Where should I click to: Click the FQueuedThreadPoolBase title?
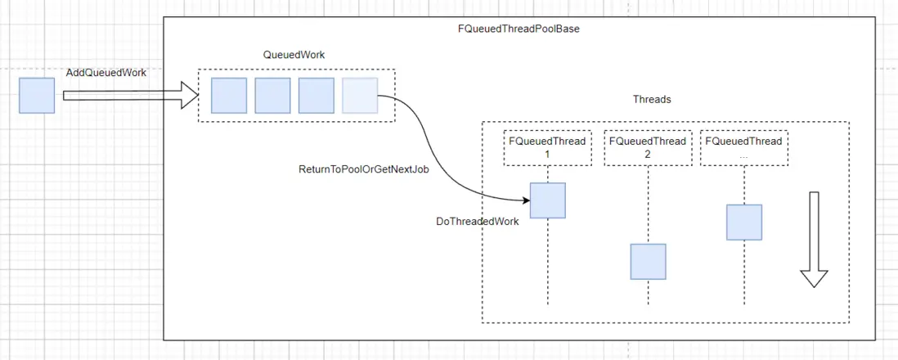(x=519, y=28)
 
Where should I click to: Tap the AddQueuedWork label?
(x=106, y=73)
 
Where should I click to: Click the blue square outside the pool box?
(x=37, y=96)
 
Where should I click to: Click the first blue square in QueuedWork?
(x=229, y=96)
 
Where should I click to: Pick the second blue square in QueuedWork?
(x=272, y=96)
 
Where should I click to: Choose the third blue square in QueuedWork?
(x=316, y=96)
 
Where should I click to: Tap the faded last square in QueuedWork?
(x=360, y=96)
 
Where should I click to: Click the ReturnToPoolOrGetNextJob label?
(x=364, y=169)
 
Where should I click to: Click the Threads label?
(x=652, y=99)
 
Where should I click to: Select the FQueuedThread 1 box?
(x=547, y=147)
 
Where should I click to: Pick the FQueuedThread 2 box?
(x=647, y=147)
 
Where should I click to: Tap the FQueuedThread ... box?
(x=743, y=147)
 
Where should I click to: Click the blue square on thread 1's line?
(x=547, y=200)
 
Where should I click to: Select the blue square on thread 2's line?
(x=648, y=262)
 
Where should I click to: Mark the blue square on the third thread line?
(x=744, y=222)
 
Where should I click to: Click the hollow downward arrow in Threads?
(x=814, y=239)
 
